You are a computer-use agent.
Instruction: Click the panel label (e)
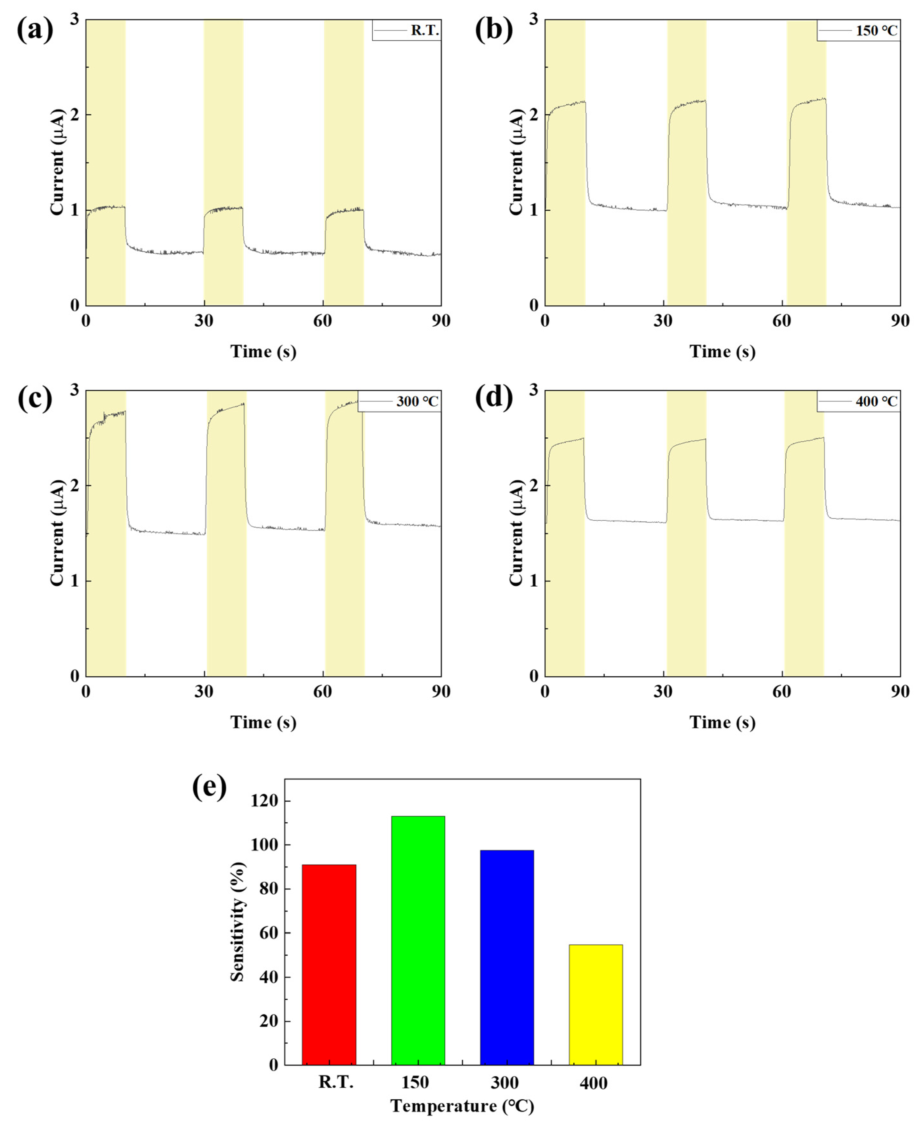click(x=209, y=787)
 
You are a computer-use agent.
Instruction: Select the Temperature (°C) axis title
click(x=462, y=1106)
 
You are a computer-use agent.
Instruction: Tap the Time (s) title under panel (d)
click(x=722, y=722)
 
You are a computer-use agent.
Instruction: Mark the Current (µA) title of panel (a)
click(x=57, y=162)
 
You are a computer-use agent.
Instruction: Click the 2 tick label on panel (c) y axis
click(x=74, y=485)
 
